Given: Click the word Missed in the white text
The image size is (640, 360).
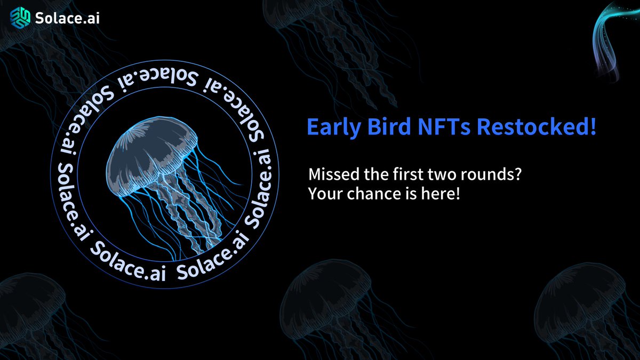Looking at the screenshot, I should point(331,175).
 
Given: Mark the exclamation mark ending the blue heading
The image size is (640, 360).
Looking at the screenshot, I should point(593,128).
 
